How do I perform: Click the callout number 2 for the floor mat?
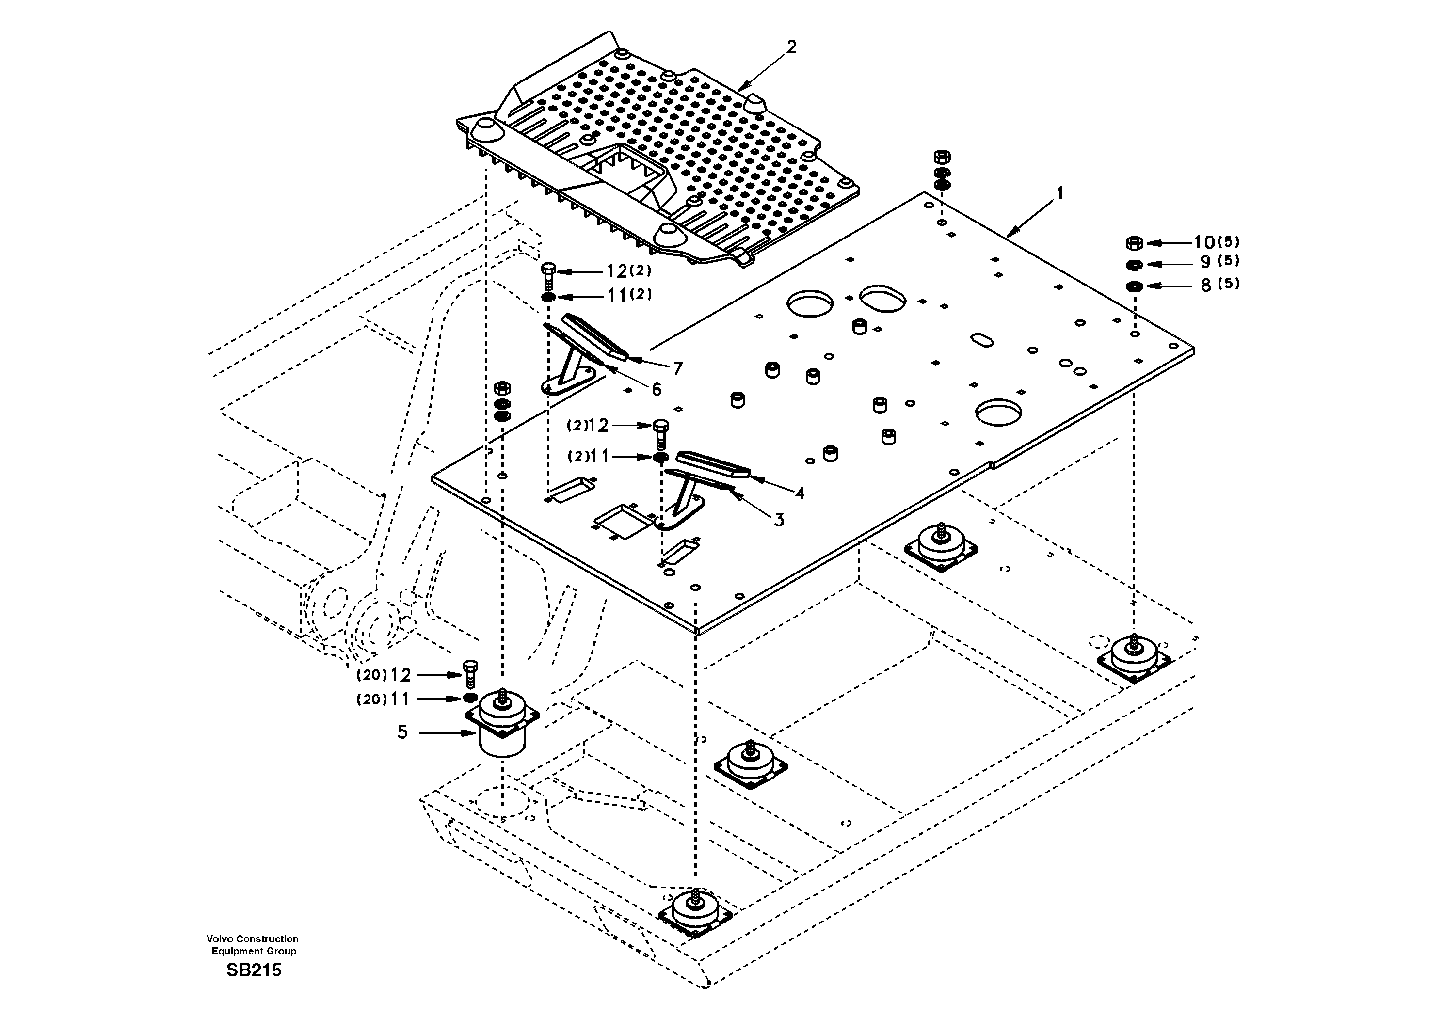(x=791, y=47)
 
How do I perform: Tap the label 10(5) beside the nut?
(x=1216, y=242)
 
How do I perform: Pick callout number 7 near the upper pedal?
(x=677, y=369)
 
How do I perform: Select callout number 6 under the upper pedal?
(x=656, y=390)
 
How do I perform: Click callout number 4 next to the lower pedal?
(x=800, y=494)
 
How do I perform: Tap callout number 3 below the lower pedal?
(x=779, y=520)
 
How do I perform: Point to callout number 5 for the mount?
(x=402, y=732)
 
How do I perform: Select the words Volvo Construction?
(x=253, y=939)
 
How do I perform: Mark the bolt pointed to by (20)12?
(x=470, y=674)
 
